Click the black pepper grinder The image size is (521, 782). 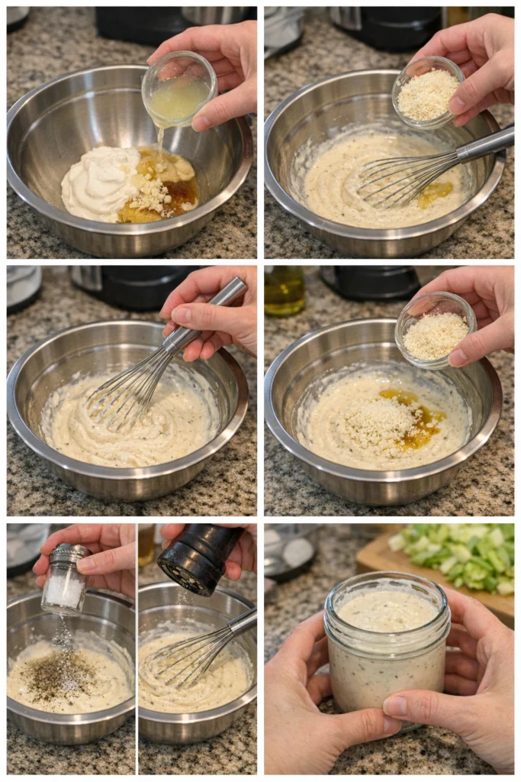tap(200, 557)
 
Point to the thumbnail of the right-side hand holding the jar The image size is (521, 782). tap(396, 706)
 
